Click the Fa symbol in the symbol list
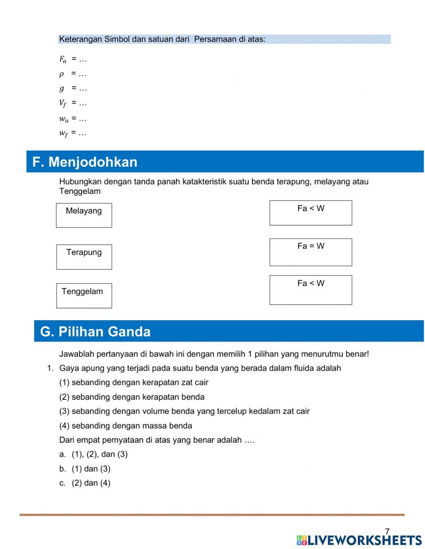(x=63, y=60)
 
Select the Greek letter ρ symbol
(x=62, y=74)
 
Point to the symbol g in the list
(x=62, y=88)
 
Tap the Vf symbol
(x=63, y=103)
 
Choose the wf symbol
(x=63, y=134)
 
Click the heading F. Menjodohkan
(x=85, y=162)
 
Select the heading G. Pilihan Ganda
(x=95, y=332)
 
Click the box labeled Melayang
(x=84, y=215)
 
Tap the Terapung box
(x=84, y=257)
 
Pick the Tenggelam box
(x=84, y=296)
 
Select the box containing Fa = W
(x=311, y=252)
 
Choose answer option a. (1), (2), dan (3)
(x=93, y=454)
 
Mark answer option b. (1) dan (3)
(x=85, y=469)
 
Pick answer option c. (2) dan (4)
(x=85, y=483)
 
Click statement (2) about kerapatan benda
(x=132, y=397)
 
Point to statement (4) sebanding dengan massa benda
(x=126, y=426)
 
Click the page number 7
(x=387, y=532)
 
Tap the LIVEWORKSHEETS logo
(x=359, y=540)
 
